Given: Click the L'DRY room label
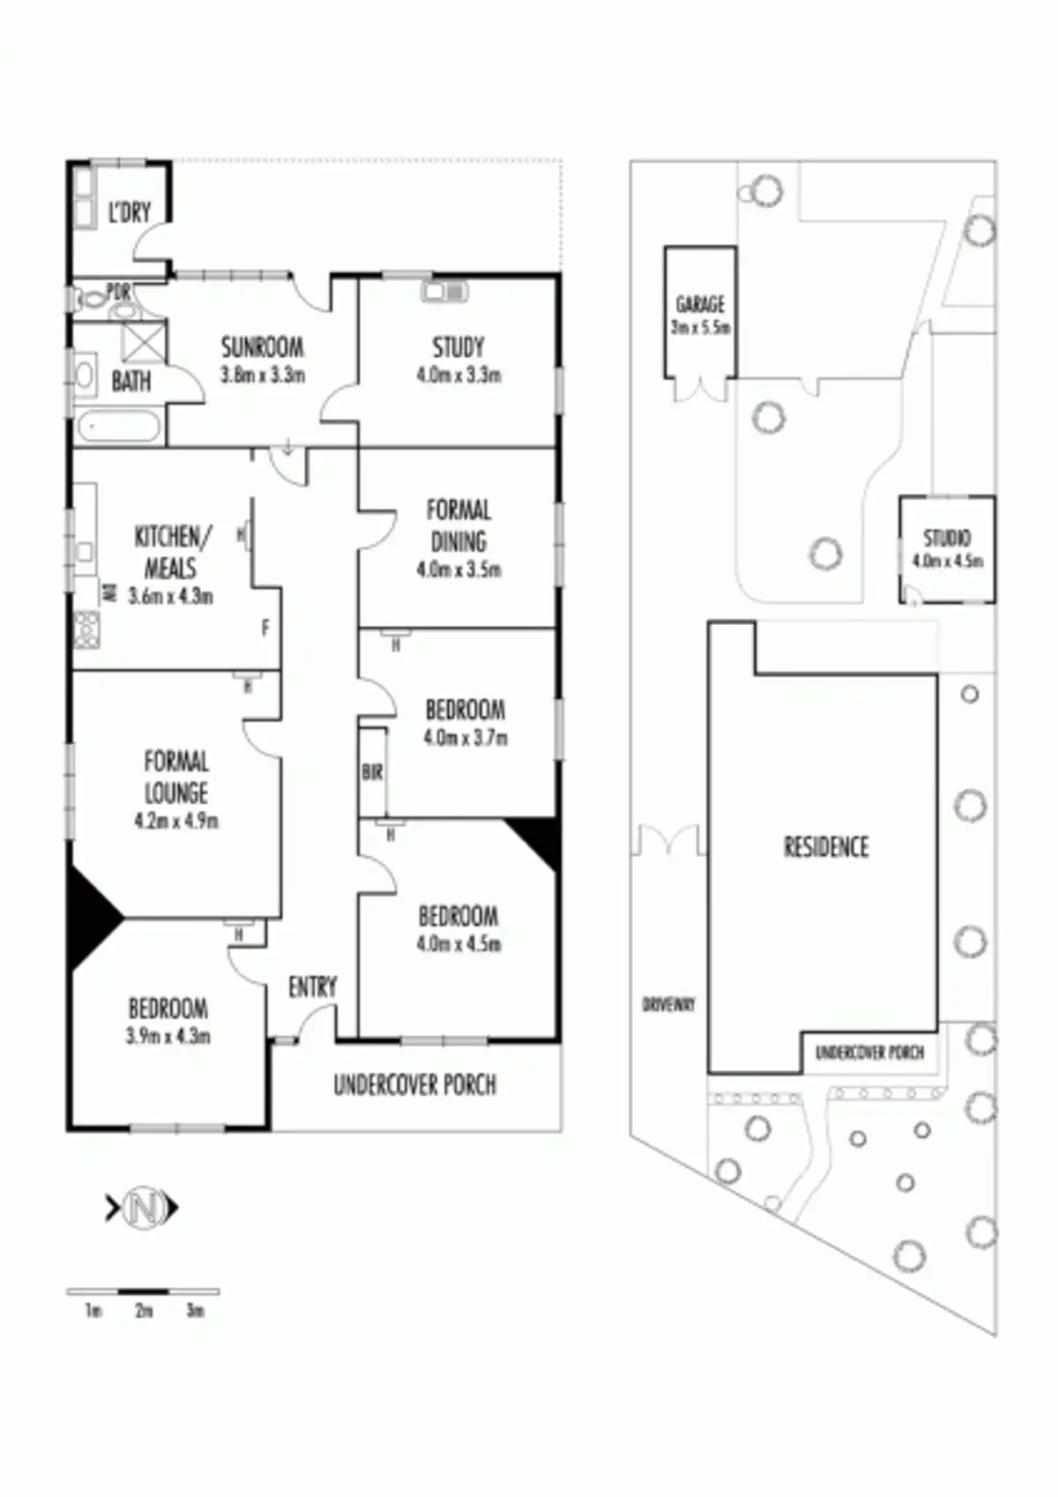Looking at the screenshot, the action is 129,212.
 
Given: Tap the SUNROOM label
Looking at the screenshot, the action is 262,346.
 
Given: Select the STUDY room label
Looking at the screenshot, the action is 458,347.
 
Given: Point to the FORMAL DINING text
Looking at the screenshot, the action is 458,525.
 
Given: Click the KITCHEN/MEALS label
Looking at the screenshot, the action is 172,552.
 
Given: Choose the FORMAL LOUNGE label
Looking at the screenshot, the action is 176,777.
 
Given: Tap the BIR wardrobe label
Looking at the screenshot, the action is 372,772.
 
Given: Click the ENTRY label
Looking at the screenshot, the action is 312,987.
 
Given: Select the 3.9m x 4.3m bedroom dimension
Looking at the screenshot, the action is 168,1036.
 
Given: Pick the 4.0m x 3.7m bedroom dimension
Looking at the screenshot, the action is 465,738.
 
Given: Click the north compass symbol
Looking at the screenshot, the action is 142,1208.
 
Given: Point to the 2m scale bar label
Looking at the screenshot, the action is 144,1311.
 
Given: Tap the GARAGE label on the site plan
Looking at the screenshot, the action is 700,305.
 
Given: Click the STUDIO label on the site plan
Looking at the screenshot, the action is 947,538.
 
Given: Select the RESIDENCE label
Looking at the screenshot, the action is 826,847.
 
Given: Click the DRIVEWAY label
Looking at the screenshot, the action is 668,1004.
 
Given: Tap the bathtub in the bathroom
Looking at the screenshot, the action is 119,428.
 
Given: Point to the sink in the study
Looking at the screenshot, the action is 445,291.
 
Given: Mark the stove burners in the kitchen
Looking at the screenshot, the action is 87,629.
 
